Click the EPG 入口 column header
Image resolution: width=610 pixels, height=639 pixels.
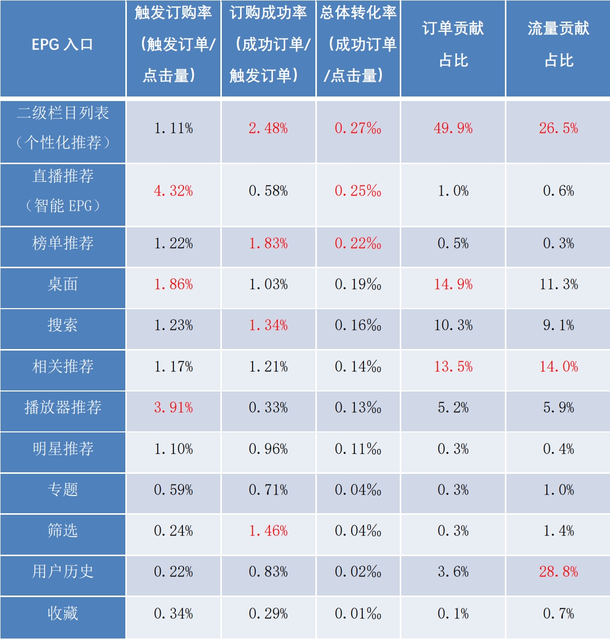63,44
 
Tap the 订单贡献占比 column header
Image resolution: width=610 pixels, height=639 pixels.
453,44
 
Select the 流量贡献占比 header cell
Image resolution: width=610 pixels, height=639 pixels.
558,44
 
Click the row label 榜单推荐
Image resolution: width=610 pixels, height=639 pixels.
63,243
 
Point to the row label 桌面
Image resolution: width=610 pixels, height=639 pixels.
63,284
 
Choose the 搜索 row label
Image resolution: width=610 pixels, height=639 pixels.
63,325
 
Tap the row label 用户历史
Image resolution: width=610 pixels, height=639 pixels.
63,571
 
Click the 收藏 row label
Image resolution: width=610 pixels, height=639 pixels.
63,613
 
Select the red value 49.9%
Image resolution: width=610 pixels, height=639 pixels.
453,128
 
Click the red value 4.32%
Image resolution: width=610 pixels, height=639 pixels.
173,191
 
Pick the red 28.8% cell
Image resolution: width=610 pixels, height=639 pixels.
558,572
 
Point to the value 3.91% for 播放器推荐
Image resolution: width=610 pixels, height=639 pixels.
173,408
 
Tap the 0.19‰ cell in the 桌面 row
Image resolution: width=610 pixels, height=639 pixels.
358,285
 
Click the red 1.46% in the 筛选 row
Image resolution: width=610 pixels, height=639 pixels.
268,531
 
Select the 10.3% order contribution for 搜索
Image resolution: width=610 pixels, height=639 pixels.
453,325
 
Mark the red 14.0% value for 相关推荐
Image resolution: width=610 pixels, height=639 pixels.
558,367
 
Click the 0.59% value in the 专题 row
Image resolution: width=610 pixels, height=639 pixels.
173,490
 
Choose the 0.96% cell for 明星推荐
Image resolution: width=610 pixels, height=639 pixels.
268,449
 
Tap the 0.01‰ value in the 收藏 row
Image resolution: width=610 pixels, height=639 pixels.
358,614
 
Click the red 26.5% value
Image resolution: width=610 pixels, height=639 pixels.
558,128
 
